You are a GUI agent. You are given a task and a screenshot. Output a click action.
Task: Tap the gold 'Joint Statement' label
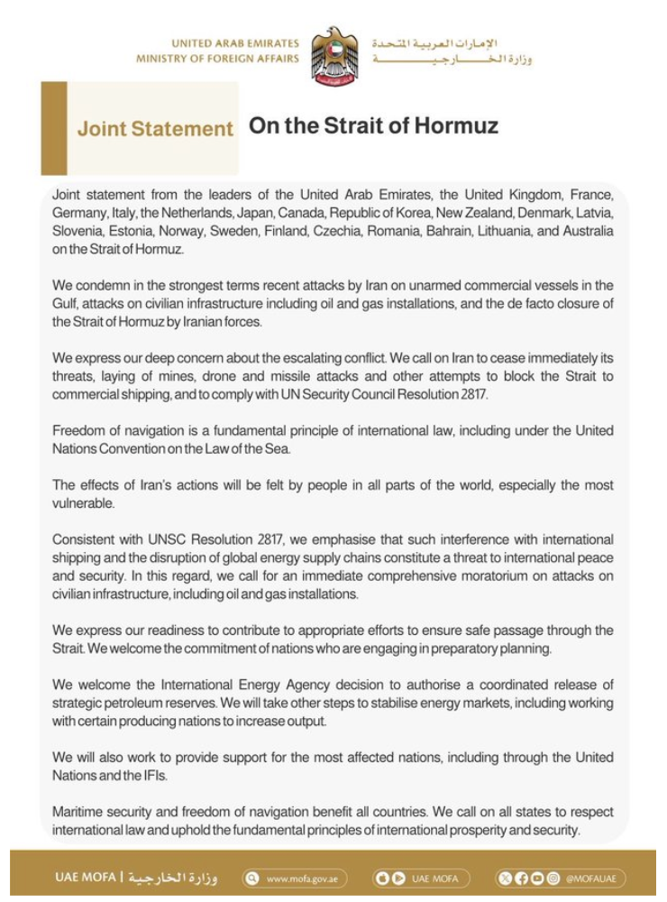(154, 129)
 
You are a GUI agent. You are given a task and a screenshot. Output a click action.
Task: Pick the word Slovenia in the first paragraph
(77, 231)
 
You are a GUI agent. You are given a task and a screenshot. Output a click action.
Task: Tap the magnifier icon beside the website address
(253, 879)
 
